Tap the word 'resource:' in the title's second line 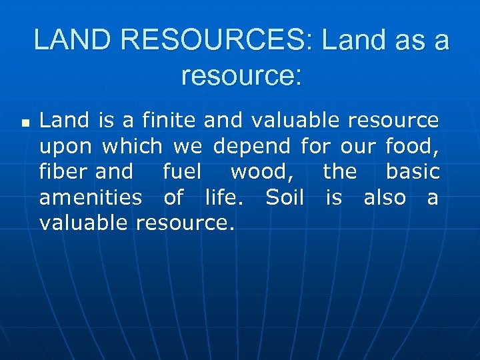click(241, 75)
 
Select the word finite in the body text click(165, 121)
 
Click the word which click(133, 146)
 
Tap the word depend click(251, 146)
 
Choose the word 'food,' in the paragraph click(412, 146)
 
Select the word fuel click(181, 171)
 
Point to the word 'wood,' click(263, 172)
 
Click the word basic click(413, 171)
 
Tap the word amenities click(90, 197)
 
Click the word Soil click(285, 197)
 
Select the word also click(385, 197)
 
